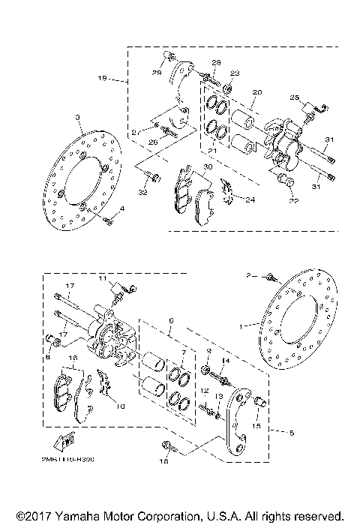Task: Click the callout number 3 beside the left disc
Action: click(77, 118)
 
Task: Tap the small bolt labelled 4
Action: click(109, 220)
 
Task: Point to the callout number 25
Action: click(294, 98)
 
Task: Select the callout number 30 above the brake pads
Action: click(208, 167)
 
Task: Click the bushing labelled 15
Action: click(259, 401)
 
